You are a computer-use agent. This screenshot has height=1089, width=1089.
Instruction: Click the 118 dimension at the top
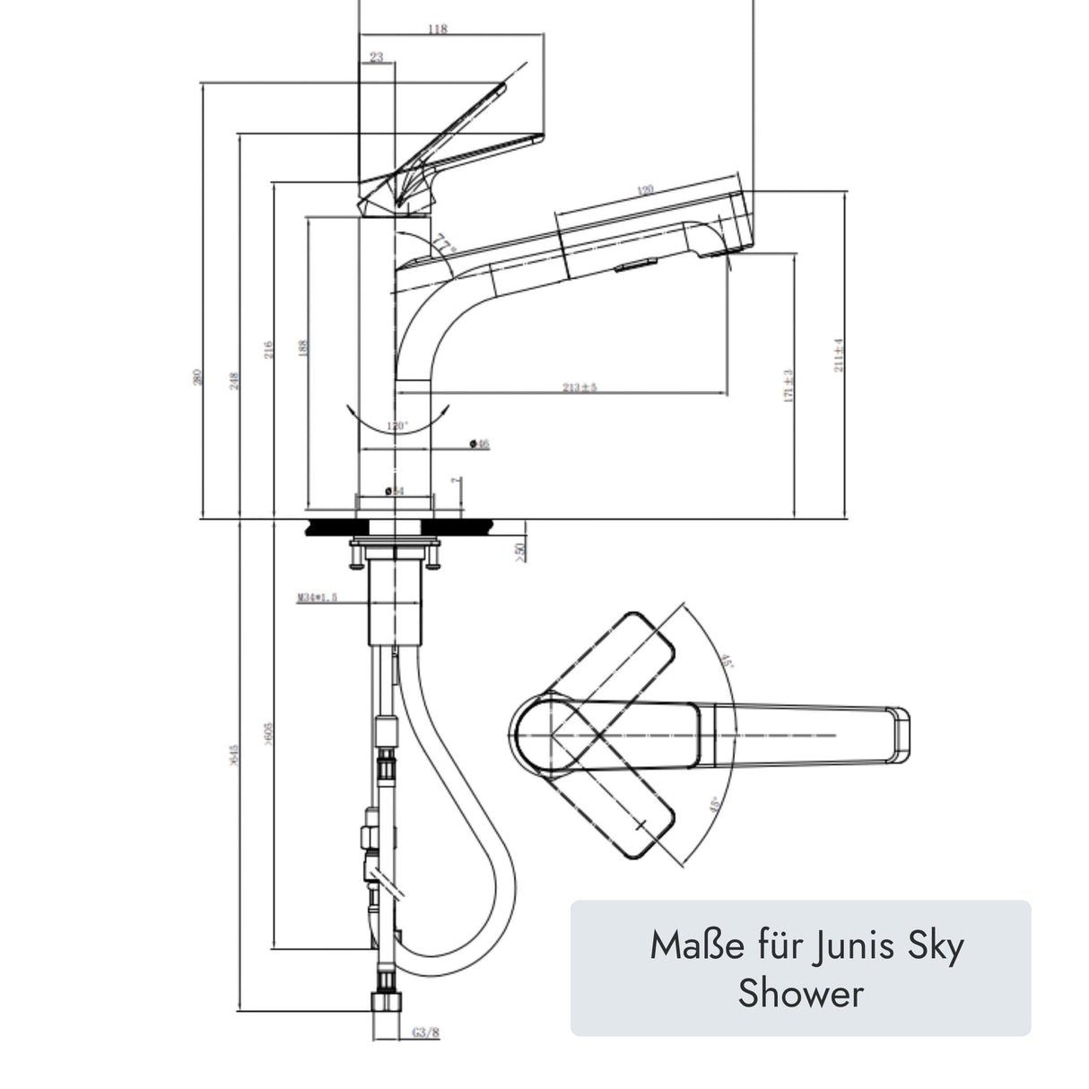point(437,30)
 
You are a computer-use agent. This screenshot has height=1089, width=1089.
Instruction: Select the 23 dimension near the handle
point(376,57)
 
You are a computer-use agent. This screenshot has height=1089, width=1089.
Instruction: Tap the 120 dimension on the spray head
point(644,189)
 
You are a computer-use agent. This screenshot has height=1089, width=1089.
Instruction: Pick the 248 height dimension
point(233,381)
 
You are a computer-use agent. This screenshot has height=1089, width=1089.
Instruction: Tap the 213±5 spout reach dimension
point(579,388)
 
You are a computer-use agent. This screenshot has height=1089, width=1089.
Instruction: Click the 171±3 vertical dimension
point(789,386)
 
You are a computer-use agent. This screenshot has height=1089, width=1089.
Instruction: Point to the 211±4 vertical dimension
point(840,355)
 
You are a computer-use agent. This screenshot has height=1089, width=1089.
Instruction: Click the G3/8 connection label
point(426,1032)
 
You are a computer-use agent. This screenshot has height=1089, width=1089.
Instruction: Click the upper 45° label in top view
point(727,663)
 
